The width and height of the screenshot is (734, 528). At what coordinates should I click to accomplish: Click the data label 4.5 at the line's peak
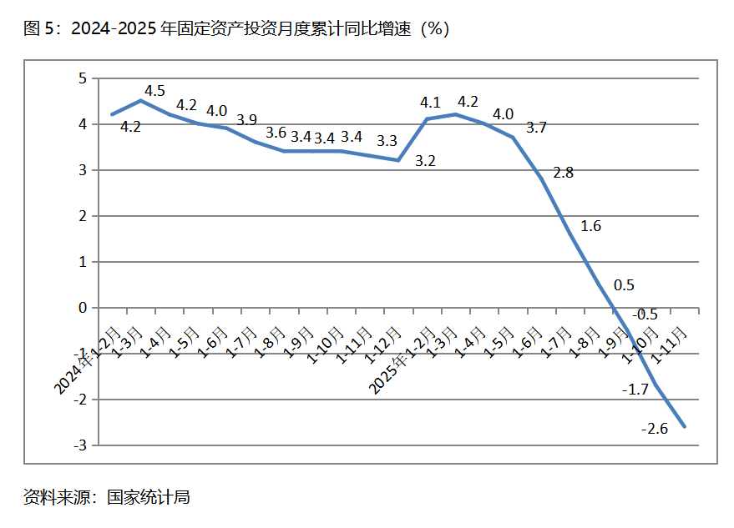click(x=154, y=91)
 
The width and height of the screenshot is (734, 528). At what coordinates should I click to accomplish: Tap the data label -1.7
click(x=635, y=389)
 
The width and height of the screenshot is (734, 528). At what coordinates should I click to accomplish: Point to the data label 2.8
click(x=564, y=173)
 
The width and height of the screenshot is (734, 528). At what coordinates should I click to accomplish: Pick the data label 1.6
click(x=590, y=226)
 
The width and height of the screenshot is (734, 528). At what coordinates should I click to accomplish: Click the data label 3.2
click(x=425, y=161)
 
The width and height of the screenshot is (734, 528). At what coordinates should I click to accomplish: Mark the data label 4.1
click(x=430, y=103)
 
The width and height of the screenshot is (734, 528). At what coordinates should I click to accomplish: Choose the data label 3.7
click(x=536, y=128)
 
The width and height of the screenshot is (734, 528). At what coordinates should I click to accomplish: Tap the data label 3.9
click(x=246, y=119)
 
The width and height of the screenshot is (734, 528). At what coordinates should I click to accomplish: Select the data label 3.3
click(x=387, y=141)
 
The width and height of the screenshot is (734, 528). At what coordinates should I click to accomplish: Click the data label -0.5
click(x=645, y=314)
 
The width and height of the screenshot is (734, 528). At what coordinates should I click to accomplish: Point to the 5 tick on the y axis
click(x=83, y=78)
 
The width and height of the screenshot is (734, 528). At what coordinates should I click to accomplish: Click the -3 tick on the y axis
click(x=80, y=445)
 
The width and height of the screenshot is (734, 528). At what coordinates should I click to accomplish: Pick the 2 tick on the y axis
click(x=83, y=216)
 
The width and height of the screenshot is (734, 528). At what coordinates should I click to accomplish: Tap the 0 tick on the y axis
click(x=83, y=308)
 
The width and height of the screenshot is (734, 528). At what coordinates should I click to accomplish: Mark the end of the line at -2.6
click(x=685, y=427)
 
